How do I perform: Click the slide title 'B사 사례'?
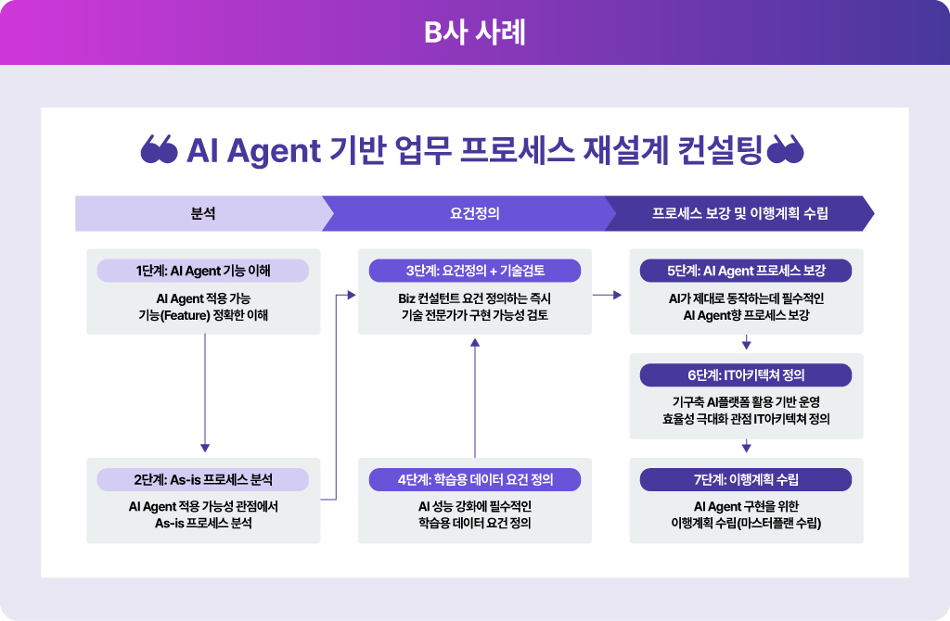coord(474,32)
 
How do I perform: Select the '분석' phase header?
coord(202,213)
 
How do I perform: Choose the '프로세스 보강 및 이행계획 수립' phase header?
coord(739,213)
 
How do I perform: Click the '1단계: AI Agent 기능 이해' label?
coord(202,271)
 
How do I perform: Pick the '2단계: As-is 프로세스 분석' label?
coord(202,479)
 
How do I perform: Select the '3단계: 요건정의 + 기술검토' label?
coord(474,271)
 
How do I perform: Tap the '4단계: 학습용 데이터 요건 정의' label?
coord(474,479)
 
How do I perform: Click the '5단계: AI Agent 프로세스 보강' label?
coord(746,271)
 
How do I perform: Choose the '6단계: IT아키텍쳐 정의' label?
coord(746,375)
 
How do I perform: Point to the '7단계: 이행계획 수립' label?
coord(746,479)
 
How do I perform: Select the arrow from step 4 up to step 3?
coord(475,399)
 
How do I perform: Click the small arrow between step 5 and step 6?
coord(746,344)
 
